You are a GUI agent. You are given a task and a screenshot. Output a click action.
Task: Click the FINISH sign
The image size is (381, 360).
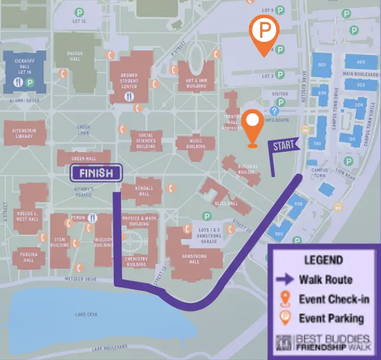tap(96, 173)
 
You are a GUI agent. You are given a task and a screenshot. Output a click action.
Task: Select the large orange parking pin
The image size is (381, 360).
tap(263, 32)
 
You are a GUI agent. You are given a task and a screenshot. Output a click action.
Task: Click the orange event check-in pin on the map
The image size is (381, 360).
tap(253, 126)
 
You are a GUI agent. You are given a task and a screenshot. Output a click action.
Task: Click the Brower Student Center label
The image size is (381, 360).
tap(129, 80)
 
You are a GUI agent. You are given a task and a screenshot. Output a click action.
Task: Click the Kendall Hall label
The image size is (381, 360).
tap(144, 190)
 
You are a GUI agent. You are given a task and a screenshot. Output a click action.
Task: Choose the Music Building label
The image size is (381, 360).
tap(196, 143)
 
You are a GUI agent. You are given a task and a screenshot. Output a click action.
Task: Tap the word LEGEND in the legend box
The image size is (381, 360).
tap(323, 260)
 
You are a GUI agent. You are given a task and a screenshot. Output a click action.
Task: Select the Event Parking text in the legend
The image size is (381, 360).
tap(331, 318)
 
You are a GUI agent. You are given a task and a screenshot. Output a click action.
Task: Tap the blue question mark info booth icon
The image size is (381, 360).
tap(274, 111)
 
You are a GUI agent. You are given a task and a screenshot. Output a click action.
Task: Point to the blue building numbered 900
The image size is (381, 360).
tap(279, 234)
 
